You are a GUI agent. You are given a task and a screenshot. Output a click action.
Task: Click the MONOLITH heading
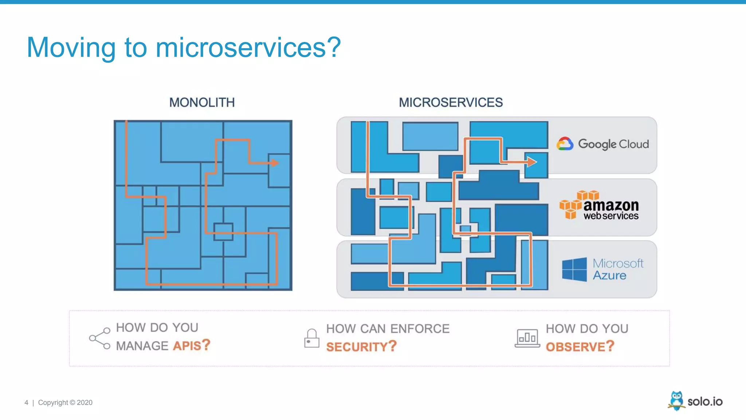tap(202, 102)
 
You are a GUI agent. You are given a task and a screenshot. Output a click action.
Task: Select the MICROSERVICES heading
tap(451, 102)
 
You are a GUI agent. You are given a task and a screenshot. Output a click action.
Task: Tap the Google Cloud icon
tap(565, 144)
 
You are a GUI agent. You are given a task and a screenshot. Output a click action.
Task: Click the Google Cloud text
tap(613, 144)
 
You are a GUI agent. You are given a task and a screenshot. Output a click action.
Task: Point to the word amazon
tap(611, 205)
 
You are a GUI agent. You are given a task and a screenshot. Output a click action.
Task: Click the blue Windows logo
tap(574, 269)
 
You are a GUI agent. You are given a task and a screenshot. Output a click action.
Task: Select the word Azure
tap(609, 275)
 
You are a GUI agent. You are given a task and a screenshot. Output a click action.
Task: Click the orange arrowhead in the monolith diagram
tap(274, 163)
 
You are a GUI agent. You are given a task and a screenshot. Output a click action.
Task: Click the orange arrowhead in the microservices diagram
tap(531, 162)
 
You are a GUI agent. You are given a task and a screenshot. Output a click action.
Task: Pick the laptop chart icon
tap(527, 338)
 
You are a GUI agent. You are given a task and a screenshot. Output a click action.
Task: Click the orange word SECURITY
tap(357, 347)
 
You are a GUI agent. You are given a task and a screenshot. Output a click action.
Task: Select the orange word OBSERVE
tap(575, 347)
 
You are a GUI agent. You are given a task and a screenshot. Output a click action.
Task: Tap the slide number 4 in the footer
tap(26, 402)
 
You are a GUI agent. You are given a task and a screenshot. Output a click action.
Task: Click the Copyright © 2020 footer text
tap(65, 402)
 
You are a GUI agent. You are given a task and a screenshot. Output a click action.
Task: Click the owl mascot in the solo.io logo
tap(676, 401)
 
